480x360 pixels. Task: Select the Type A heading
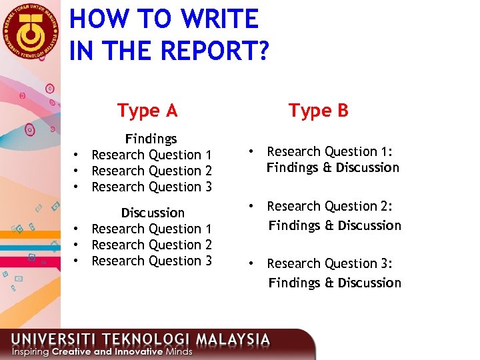(147, 110)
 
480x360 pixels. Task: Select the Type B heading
(318, 110)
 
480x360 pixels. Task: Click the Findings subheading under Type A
(151, 139)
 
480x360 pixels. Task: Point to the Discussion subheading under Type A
(152, 213)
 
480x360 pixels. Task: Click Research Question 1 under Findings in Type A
(151, 155)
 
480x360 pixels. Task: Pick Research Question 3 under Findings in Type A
(151, 187)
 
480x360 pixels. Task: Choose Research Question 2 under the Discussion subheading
(151, 245)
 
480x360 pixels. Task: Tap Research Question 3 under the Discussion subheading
(151, 261)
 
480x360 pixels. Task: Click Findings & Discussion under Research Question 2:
(335, 225)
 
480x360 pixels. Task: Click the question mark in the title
(261, 51)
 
